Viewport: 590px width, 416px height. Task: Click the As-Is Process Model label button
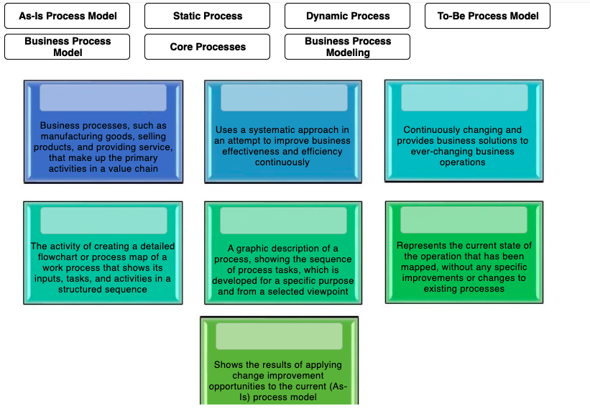coord(68,16)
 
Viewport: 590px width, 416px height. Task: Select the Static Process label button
coord(207,16)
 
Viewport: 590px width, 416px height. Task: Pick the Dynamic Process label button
coord(347,16)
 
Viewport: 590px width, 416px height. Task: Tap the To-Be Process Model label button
coord(487,16)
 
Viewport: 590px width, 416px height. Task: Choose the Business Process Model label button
coord(68,47)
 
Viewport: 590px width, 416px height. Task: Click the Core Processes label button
coord(207,47)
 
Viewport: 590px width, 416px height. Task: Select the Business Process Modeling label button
coord(347,47)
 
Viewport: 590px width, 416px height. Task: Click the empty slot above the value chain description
coord(103,98)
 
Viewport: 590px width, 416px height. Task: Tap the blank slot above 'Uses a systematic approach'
coord(283,98)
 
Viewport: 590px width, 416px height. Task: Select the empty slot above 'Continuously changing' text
coord(464,98)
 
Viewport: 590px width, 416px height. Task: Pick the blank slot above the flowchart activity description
coord(103,221)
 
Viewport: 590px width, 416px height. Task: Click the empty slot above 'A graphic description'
coord(283,221)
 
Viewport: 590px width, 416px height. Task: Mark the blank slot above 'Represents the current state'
coord(464,220)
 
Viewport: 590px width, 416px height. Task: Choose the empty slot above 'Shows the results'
coord(279,336)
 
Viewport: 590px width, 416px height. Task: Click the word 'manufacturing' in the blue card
coord(71,137)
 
